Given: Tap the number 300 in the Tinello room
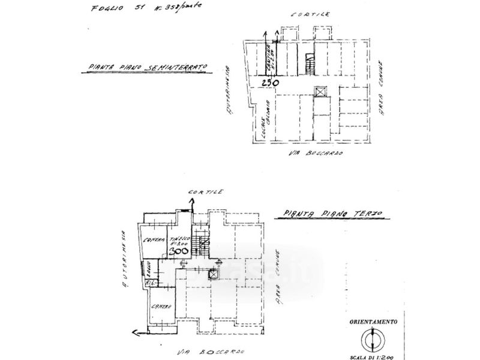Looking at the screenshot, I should click(x=178, y=252).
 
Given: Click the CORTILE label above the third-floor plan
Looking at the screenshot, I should click(x=206, y=191).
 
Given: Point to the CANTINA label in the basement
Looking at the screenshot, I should click(x=269, y=58).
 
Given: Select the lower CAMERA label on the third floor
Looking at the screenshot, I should click(x=161, y=307).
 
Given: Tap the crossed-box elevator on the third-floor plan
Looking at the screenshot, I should click(x=212, y=274).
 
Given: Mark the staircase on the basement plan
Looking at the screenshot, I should click(x=310, y=63).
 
